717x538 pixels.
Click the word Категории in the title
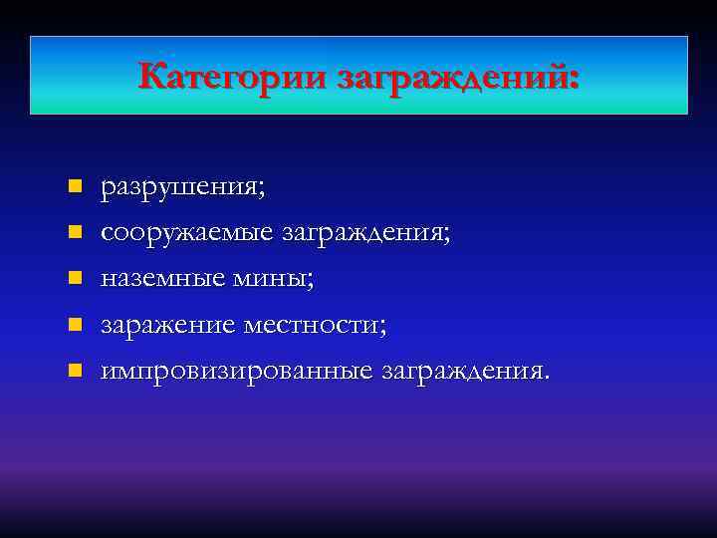click(x=234, y=76)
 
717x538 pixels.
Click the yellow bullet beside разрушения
click(x=75, y=186)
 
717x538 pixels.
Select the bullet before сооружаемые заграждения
click(x=75, y=232)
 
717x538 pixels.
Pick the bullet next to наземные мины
click(x=75, y=279)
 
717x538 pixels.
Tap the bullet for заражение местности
click(x=75, y=325)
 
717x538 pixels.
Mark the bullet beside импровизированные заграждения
click(x=75, y=371)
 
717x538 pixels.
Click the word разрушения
click(x=178, y=187)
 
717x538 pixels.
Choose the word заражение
click(x=168, y=326)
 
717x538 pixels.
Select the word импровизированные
click(x=238, y=372)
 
